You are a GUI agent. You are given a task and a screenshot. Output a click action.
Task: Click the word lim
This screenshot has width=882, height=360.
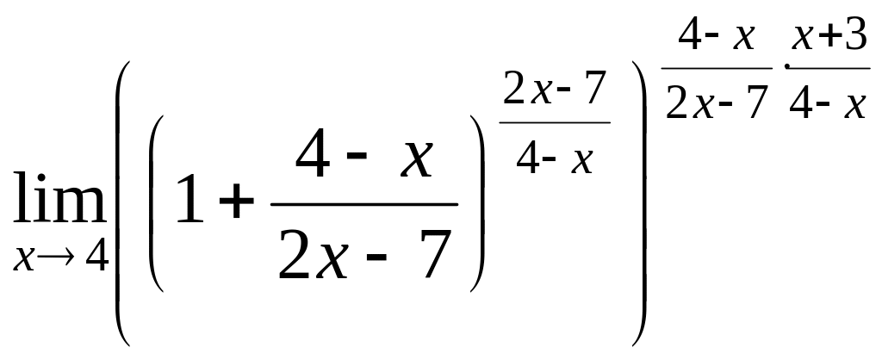click(x=59, y=200)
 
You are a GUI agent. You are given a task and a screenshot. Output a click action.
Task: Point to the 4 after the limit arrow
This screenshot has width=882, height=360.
click(x=96, y=258)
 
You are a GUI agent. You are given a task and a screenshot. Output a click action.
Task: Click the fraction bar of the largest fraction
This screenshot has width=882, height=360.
click(x=363, y=205)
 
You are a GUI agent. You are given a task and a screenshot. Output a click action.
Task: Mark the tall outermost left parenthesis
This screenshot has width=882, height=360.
click(x=123, y=205)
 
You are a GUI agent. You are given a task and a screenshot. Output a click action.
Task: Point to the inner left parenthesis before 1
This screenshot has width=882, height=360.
click(x=157, y=205)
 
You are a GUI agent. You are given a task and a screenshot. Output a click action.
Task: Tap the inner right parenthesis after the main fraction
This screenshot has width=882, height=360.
click(x=475, y=205)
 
